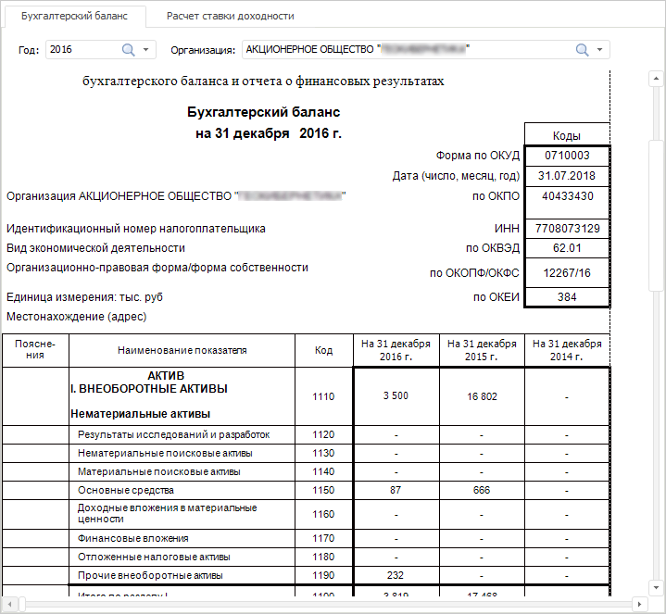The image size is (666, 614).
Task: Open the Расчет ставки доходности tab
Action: pyautogui.click(x=231, y=16)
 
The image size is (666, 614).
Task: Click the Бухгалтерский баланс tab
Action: pyautogui.click(x=73, y=16)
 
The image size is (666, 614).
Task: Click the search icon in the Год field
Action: pyautogui.click(x=128, y=49)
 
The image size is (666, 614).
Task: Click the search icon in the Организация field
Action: pyautogui.click(x=582, y=49)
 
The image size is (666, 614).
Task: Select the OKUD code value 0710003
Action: pyautogui.click(x=567, y=156)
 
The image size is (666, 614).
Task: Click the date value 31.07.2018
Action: pyautogui.click(x=567, y=176)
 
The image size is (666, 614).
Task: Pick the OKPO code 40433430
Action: pyautogui.click(x=567, y=196)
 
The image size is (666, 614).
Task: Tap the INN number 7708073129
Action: pyautogui.click(x=567, y=229)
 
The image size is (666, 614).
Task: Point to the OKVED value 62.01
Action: pyautogui.click(x=567, y=248)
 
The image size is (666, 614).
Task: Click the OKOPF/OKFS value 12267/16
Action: pyautogui.click(x=567, y=273)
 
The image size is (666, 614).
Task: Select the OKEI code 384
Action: pyautogui.click(x=567, y=297)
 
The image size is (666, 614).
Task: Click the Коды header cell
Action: pyautogui.click(x=567, y=135)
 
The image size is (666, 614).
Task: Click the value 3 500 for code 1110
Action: pyautogui.click(x=396, y=396)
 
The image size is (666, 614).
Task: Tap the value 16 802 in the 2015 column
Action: pyautogui.click(x=482, y=396)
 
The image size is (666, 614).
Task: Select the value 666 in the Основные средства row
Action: pyautogui.click(x=482, y=490)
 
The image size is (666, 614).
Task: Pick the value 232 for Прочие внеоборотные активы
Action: pyautogui.click(x=396, y=575)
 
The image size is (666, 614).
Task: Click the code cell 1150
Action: pyautogui.click(x=323, y=490)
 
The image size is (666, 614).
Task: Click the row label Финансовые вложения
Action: pyautogui.click(x=133, y=538)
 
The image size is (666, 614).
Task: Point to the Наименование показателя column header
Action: pyautogui.click(x=182, y=351)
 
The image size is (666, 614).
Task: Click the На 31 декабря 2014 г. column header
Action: pyautogui.click(x=567, y=351)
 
